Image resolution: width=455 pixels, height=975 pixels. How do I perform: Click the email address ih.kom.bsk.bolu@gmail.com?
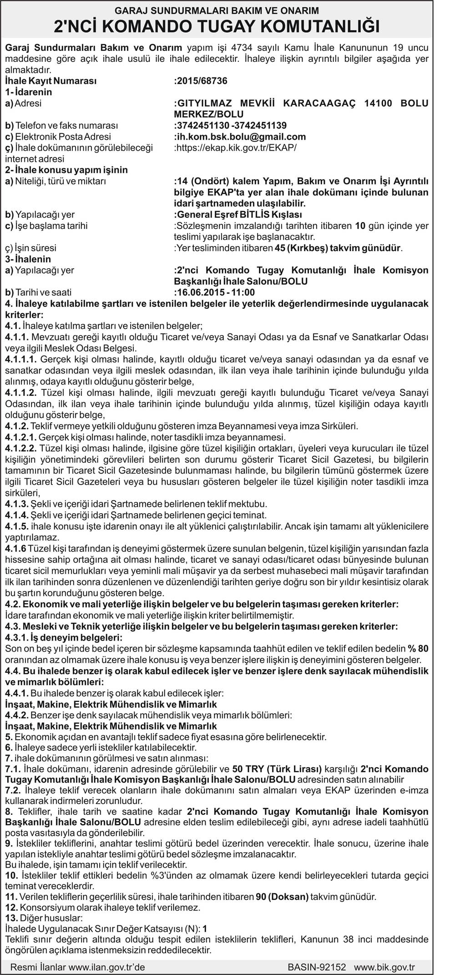pos(241,136)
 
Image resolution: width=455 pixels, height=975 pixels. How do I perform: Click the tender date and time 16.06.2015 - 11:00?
pos(215,292)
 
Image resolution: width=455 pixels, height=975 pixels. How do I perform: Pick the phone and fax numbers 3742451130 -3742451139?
pos(231,126)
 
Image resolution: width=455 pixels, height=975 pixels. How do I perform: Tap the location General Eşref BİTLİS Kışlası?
pos(239,214)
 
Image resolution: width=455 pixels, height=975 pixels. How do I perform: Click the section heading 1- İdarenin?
pos(28,92)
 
